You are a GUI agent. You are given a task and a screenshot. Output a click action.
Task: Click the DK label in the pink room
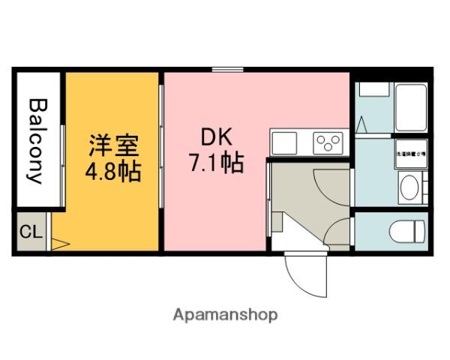point(216,137)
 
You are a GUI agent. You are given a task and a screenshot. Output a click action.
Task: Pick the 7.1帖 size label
point(217,162)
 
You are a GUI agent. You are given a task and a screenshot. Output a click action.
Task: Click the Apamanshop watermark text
point(225,315)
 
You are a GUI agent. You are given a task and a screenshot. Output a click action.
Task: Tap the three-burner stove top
point(328,140)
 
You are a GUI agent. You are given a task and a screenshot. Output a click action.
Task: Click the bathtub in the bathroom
point(409,106)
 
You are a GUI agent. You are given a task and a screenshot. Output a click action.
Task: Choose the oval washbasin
point(409,187)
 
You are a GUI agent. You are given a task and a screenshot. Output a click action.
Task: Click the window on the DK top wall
point(226,70)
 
